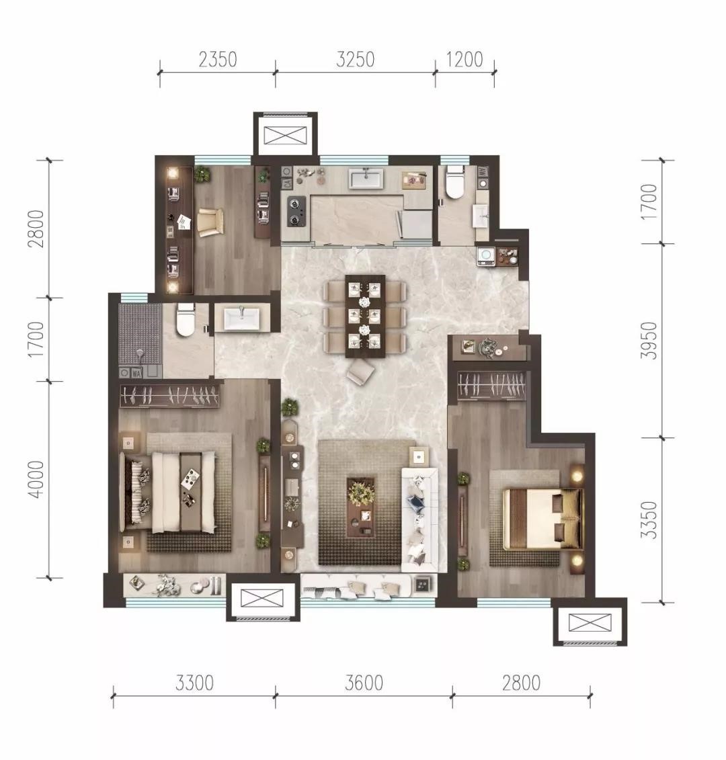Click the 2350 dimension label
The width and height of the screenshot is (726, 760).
[x=218, y=60]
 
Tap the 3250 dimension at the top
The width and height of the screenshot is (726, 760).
[x=356, y=60]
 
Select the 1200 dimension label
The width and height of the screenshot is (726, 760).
[x=465, y=60]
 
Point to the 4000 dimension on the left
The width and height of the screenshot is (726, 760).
[x=36, y=479]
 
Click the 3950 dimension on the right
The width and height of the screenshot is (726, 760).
[x=649, y=340]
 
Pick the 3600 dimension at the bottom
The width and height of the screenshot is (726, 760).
[x=364, y=683]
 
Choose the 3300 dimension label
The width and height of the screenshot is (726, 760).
[x=194, y=683]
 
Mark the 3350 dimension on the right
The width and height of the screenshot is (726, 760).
[x=649, y=520]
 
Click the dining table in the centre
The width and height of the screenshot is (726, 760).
[x=365, y=316]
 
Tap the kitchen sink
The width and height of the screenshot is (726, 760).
[x=366, y=178]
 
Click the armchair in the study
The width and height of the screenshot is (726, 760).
[x=210, y=222]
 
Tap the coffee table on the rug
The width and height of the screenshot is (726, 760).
[x=361, y=507]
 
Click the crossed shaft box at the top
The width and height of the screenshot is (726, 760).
[x=286, y=135]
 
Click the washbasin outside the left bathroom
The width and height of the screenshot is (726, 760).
[x=241, y=319]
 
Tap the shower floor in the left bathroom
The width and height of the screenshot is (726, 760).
[x=140, y=335]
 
